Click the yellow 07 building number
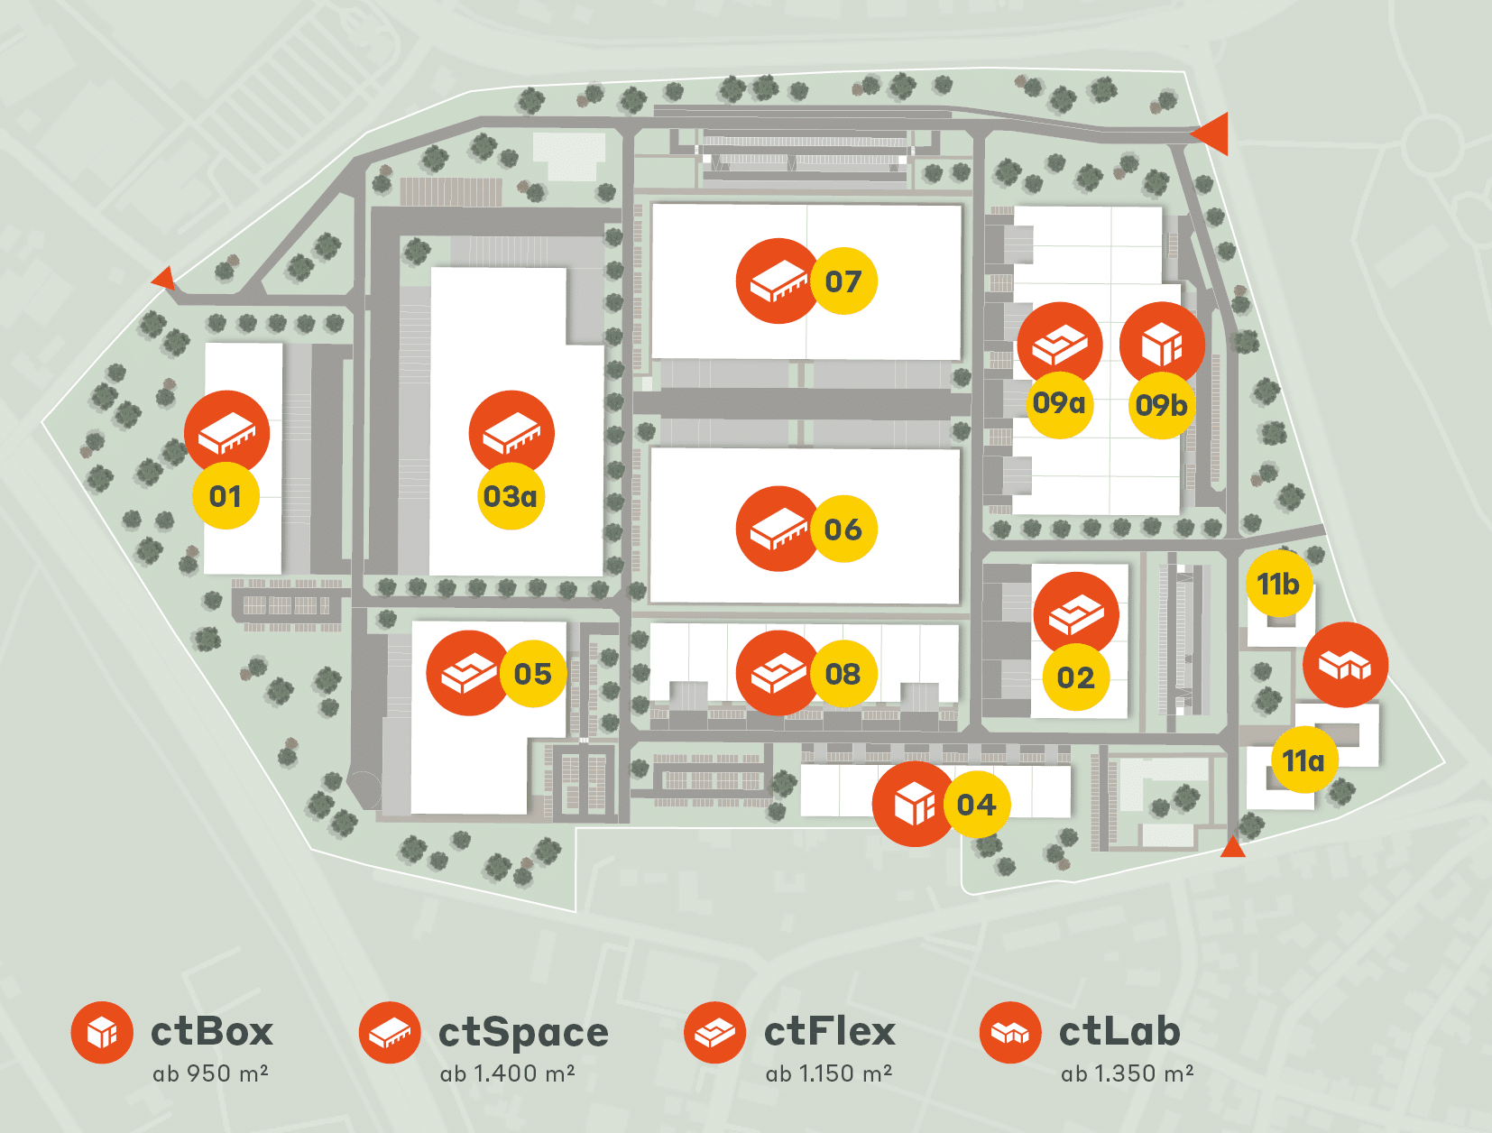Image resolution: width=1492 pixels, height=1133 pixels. [843, 281]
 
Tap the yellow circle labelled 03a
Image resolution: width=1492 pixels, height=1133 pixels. [511, 496]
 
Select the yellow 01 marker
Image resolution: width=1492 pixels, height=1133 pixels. [226, 496]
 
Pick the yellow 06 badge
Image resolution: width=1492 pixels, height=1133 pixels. [843, 529]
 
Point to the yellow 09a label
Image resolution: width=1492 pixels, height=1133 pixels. [1059, 404]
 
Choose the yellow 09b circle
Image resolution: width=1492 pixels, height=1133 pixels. [1162, 405]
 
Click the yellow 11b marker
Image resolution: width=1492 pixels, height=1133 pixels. [1279, 584]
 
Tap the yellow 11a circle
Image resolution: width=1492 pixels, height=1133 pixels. [1304, 760]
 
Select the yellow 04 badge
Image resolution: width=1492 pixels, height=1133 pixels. [977, 805]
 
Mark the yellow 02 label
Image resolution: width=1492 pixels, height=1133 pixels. [1076, 677]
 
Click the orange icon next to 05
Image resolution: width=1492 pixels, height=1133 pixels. [468, 673]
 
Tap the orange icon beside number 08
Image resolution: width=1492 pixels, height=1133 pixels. [778, 673]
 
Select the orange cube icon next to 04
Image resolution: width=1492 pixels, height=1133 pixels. [915, 804]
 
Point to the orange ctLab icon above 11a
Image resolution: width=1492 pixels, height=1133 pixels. [1345, 665]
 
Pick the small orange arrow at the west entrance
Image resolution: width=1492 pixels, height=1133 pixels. [164, 277]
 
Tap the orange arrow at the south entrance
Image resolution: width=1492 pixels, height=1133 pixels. [1232, 847]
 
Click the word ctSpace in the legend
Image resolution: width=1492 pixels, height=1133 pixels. [523, 1032]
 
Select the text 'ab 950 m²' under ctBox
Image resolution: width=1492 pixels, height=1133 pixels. [210, 1073]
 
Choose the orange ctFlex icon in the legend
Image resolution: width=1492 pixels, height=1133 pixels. [715, 1032]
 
